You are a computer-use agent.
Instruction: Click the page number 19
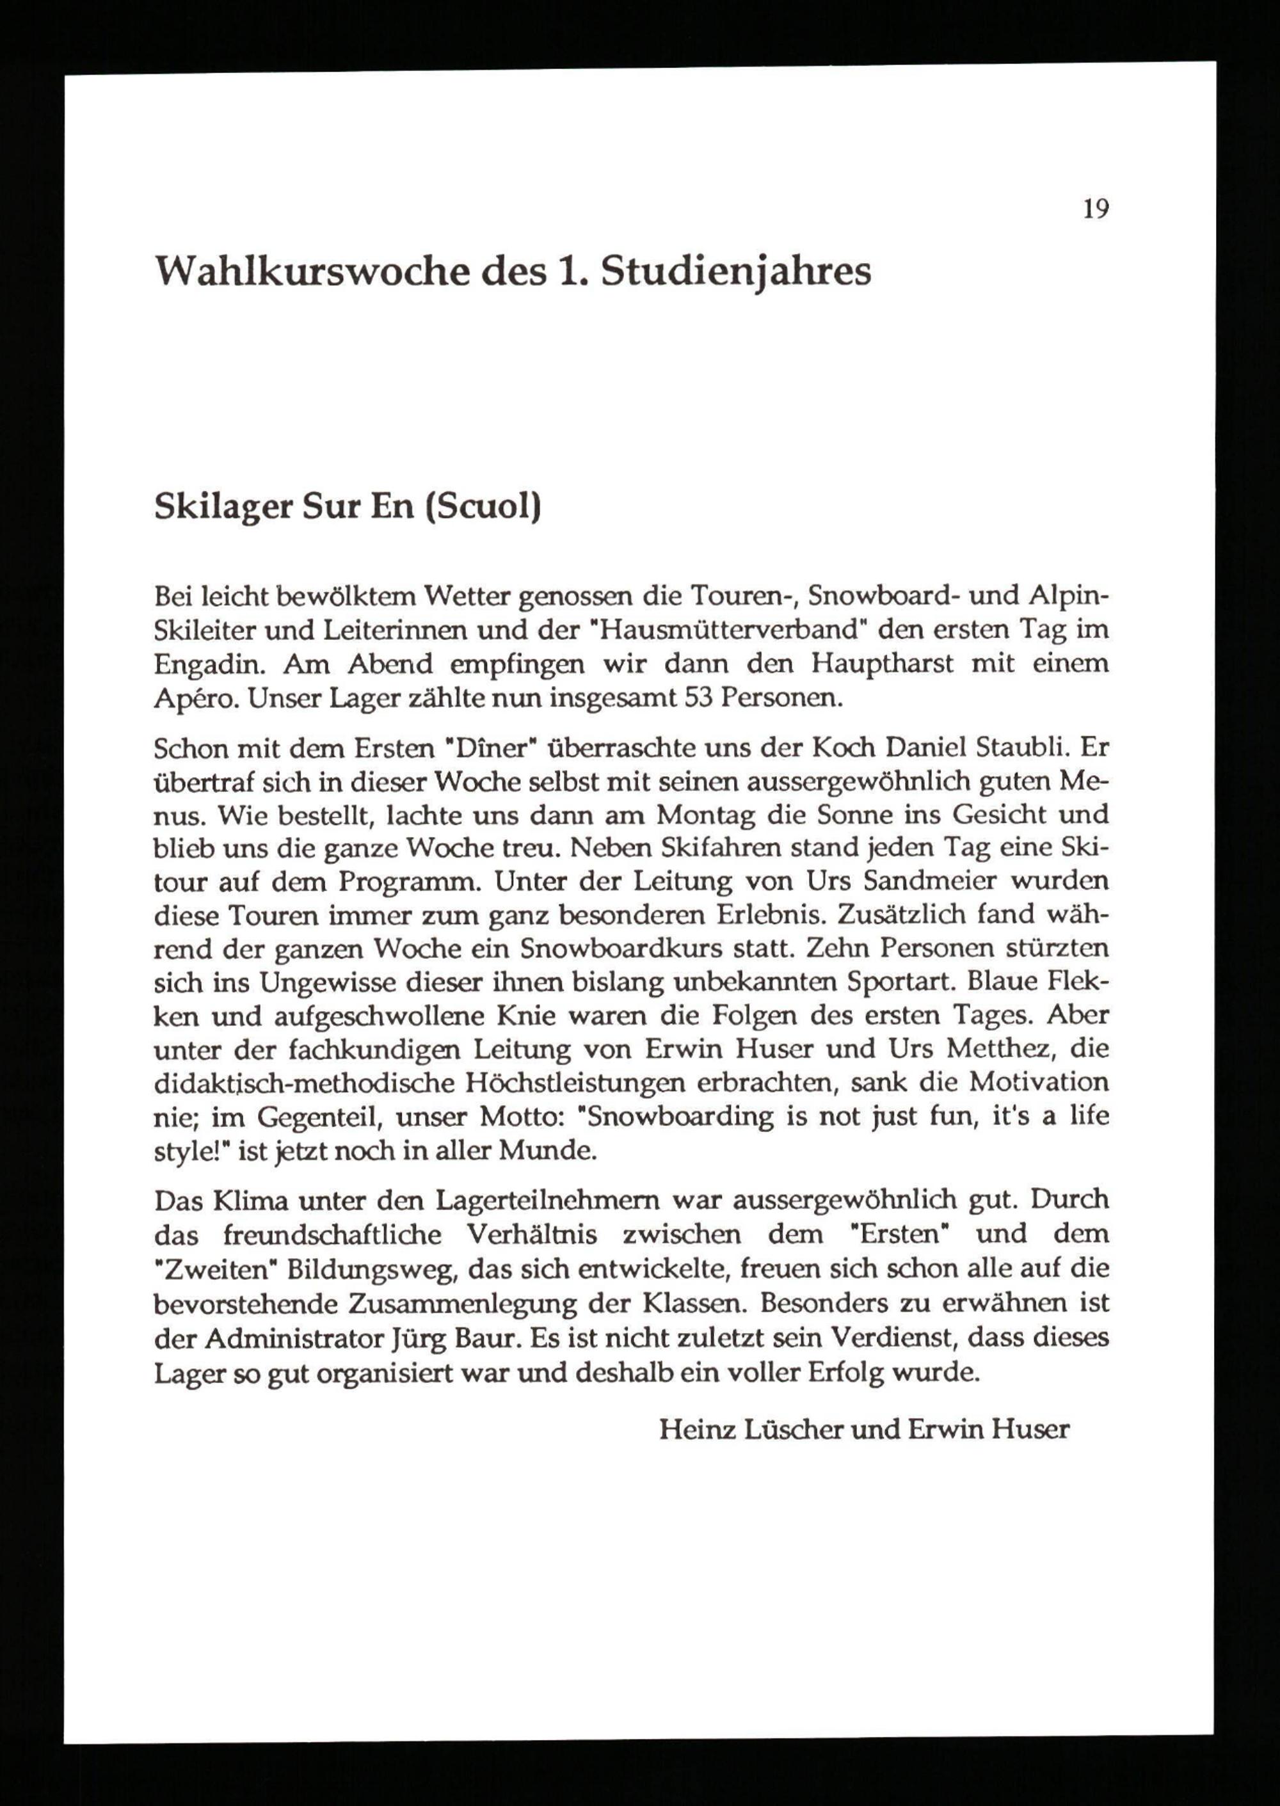pyautogui.click(x=1096, y=210)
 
